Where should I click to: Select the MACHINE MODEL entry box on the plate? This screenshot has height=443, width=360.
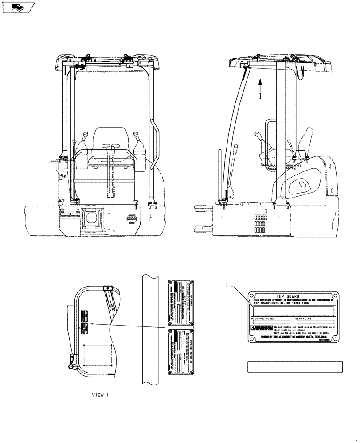tap(271, 322)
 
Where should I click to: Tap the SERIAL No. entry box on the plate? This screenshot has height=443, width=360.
tap(315, 322)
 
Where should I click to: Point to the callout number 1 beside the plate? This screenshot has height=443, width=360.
tap(226, 287)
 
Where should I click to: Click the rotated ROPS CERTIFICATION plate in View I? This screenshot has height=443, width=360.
tap(182, 352)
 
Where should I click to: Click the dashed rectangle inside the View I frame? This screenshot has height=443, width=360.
tap(97, 358)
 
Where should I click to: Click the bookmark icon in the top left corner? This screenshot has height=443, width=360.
tap(18, 7)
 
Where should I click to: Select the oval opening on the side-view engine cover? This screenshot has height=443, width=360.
tap(302, 183)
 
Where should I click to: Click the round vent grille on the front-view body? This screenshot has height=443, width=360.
tap(131, 219)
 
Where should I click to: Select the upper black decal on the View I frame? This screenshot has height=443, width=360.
tap(84, 316)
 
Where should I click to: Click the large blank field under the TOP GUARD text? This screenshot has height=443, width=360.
tap(293, 311)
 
